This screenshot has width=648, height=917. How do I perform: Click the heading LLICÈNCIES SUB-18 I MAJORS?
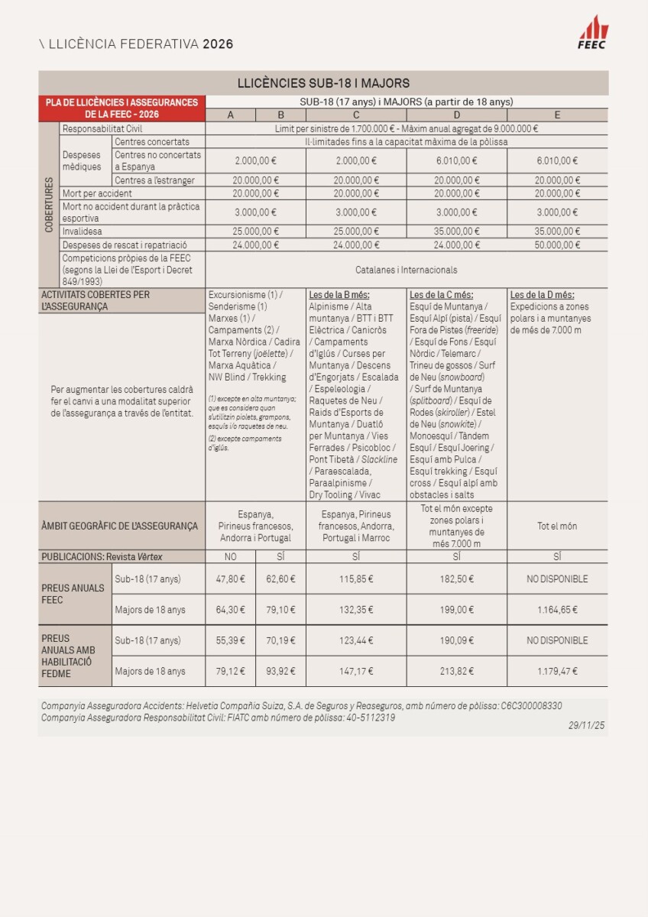click(323, 83)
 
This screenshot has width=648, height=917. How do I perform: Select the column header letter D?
click(456, 115)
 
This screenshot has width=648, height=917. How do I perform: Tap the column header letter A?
click(231, 115)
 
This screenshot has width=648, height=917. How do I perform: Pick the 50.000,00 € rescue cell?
click(557, 245)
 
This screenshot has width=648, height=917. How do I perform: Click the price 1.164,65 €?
click(557, 609)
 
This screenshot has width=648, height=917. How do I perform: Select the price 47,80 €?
click(231, 579)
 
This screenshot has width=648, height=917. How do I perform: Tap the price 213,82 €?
click(456, 672)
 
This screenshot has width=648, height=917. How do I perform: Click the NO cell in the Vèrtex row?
click(231, 557)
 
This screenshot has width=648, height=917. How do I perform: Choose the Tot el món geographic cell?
click(557, 527)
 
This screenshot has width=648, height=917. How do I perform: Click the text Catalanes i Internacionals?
click(407, 270)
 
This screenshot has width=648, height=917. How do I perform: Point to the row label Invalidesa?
click(83, 231)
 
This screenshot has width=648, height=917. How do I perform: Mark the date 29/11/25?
click(586, 726)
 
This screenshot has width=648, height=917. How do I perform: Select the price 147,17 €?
click(356, 672)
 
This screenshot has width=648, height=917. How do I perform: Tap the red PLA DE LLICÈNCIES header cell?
click(122, 108)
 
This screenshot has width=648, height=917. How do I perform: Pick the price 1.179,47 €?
click(557, 672)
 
